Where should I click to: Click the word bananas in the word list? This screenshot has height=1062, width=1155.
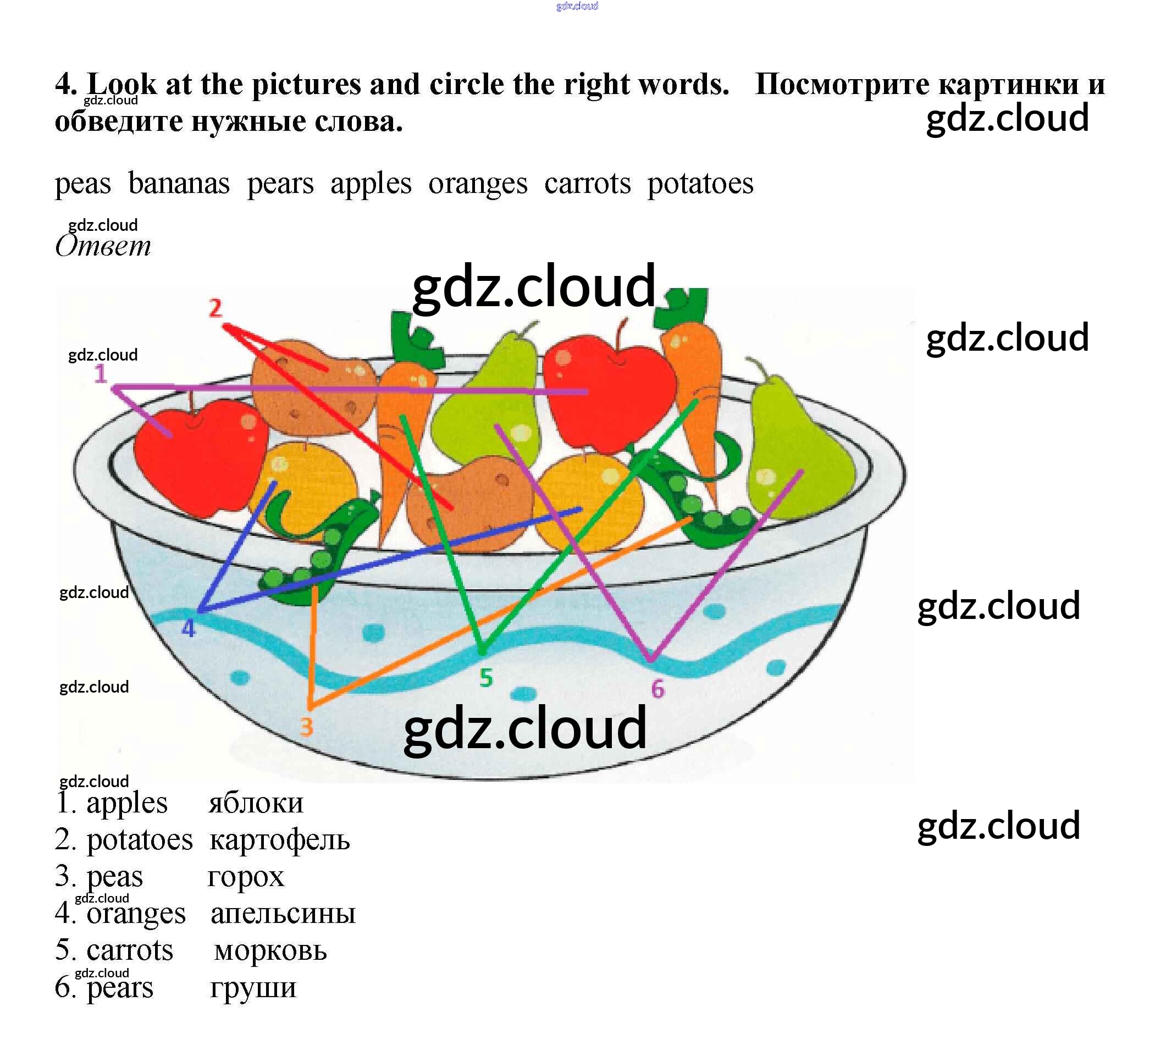(179, 185)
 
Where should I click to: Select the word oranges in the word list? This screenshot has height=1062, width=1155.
(478, 185)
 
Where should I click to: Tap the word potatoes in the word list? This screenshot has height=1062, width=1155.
(700, 185)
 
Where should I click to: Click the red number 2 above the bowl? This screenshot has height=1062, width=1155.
(215, 308)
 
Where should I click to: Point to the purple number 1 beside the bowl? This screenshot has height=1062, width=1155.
(101, 374)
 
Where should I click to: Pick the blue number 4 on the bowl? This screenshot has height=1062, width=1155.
(189, 628)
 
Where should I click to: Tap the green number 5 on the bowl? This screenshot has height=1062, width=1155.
(486, 678)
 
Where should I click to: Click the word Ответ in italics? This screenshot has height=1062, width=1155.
(103, 246)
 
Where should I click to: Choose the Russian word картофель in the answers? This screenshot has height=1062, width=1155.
(279, 840)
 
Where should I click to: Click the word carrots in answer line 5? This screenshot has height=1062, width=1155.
(130, 950)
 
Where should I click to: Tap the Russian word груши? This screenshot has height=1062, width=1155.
(253, 988)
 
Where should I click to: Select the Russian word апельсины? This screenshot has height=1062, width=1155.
(283, 913)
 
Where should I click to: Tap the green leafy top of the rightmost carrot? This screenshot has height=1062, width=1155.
(684, 305)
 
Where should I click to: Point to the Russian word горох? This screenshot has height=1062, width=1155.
(246, 877)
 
